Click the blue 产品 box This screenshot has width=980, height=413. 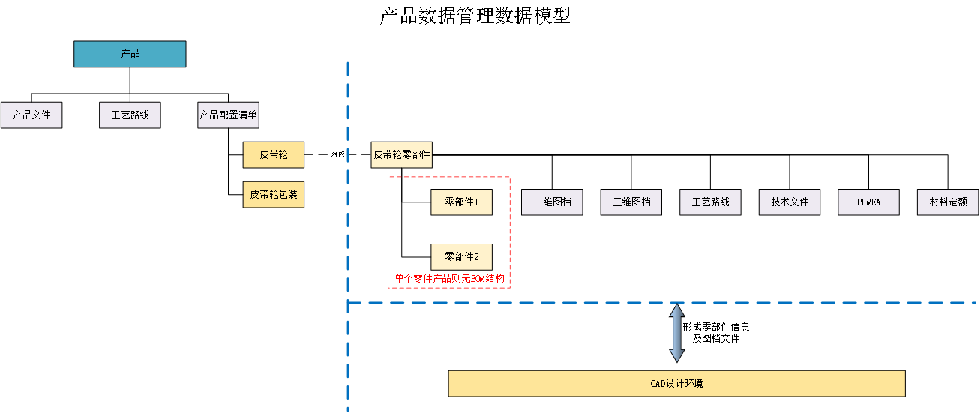pos(130,54)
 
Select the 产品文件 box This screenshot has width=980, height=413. pos(31,115)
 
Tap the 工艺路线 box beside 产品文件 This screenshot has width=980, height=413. pos(130,115)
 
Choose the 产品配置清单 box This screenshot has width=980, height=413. pos(228,115)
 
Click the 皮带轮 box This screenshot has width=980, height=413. pos(273,155)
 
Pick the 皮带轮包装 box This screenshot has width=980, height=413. pos(273,194)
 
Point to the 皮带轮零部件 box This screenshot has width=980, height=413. pos(401,155)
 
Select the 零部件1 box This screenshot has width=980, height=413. pos(460,202)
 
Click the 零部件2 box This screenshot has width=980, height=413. pos(460,256)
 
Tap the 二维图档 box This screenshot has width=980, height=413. pos(552,202)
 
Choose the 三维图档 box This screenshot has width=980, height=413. pos(631,202)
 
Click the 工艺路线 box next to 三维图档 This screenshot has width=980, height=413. pos(710,202)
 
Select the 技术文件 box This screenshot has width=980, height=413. pos(790,202)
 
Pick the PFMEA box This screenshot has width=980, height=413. pos(868,202)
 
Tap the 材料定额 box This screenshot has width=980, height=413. pos(948,202)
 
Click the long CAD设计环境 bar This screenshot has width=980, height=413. pos(676,383)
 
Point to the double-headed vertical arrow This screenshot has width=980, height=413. pos(676,334)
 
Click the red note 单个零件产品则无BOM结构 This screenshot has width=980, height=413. pos(449,279)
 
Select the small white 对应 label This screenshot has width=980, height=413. pos(337,155)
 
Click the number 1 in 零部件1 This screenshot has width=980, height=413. pos(476,202)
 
